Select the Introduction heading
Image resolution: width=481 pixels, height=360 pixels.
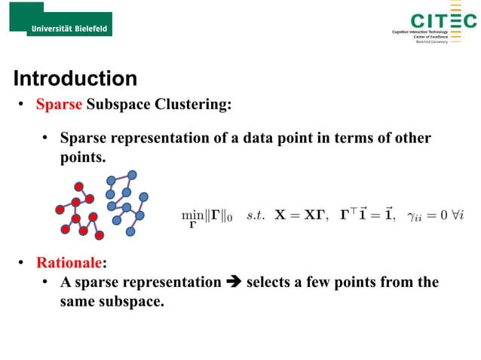tap(75, 78)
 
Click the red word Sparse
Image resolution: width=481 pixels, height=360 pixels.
tap(59, 105)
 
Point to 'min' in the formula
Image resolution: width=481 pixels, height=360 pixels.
tap(192, 215)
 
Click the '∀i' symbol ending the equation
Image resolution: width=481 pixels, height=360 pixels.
tap(467, 215)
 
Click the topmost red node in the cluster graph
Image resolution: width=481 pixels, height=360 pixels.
tap(78, 187)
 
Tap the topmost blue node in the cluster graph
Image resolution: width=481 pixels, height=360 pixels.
tap(132, 175)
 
